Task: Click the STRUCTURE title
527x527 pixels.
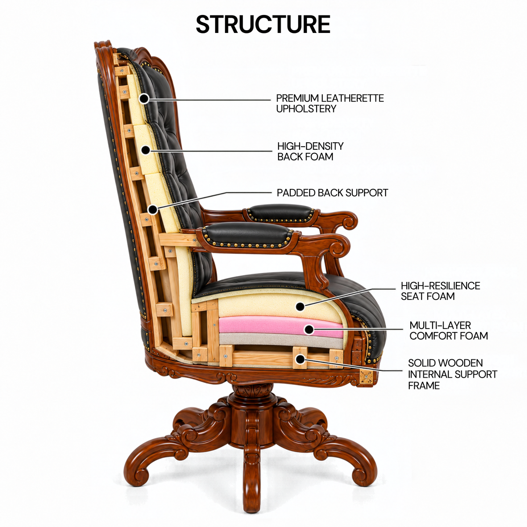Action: click(x=263, y=25)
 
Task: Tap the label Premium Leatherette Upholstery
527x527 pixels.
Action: click(x=330, y=103)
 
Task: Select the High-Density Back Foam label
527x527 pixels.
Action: click(x=310, y=152)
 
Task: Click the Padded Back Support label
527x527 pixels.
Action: click(x=332, y=193)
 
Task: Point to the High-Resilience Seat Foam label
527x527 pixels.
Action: click(x=440, y=291)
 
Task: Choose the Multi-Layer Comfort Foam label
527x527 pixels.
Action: click(x=448, y=330)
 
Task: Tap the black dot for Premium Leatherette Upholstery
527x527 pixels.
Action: click(x=144, y=98)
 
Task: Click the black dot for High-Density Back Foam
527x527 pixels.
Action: click(x=146, y=150)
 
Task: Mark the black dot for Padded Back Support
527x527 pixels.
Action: click(x=153, y=210)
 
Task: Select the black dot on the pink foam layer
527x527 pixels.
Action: click(x=309, y=329)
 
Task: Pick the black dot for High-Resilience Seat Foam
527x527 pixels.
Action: click(x=300, y=307)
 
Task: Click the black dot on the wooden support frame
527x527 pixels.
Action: click(x=300, y=359)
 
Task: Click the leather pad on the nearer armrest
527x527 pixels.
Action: click(x=248, y=235)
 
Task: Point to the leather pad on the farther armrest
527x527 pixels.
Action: click(x=280, y=212)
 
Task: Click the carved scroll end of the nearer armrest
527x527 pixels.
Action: click(x=338, y=246)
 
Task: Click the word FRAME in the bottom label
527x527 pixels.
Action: click(x=424, y=386)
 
